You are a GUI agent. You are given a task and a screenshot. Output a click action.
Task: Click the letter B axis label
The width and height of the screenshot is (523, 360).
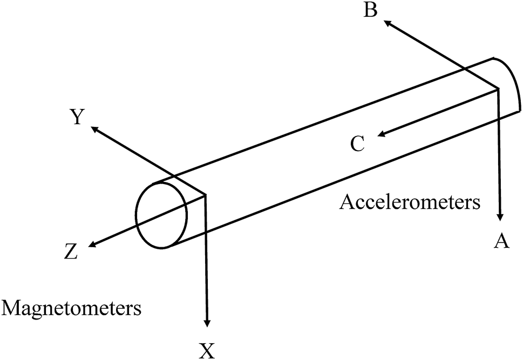[370, 10]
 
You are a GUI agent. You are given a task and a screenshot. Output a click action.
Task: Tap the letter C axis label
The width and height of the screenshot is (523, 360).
[357, 144]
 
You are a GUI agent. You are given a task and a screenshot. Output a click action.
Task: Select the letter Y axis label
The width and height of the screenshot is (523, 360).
[77, 117]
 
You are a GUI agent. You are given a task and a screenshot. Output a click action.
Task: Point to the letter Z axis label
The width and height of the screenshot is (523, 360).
[70, 252]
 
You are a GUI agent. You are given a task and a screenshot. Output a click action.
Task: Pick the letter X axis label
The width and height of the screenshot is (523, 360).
[207, 351]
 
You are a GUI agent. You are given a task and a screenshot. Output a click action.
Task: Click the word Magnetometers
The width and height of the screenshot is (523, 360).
[72, 309]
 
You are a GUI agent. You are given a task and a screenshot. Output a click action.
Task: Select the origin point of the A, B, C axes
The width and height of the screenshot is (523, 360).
[497, 90]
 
